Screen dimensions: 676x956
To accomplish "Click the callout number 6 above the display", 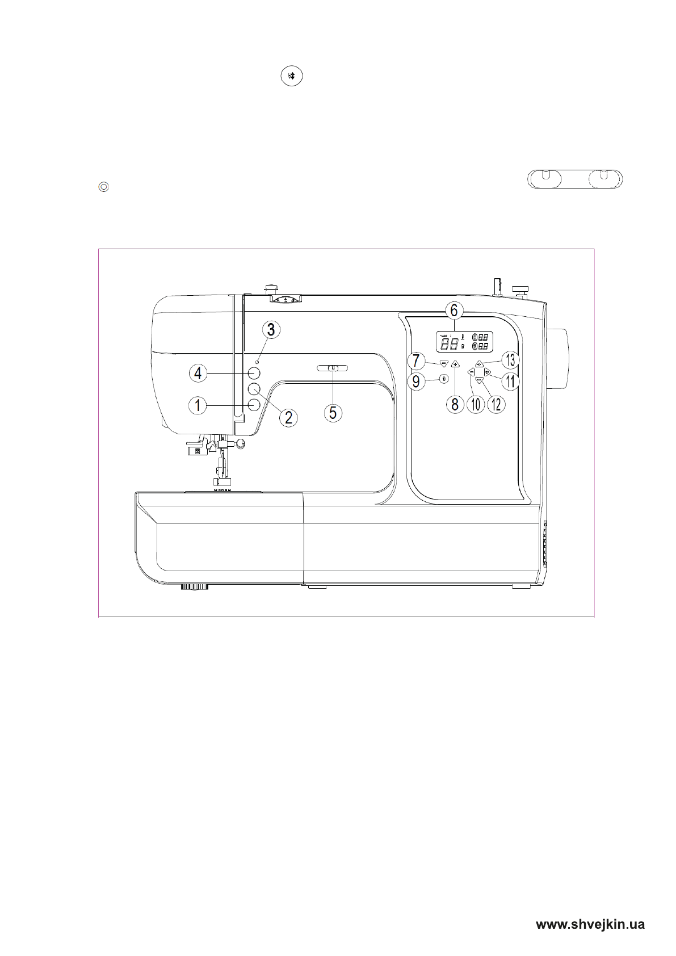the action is (x=454, y=311).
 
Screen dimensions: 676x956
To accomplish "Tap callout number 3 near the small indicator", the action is (x=271, y=329).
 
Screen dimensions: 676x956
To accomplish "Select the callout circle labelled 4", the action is (x=198, y=374).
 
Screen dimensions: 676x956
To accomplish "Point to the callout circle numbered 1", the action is (x=198, y=405).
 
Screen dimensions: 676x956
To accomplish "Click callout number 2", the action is (x=288, y=417).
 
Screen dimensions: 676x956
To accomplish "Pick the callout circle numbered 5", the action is (x=333, y=413).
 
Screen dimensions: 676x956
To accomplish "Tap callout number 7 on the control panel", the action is (x=416, y=361).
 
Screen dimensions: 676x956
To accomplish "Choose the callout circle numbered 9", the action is (x=416, y=381).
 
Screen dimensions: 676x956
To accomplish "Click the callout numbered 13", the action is (x=510, y=360).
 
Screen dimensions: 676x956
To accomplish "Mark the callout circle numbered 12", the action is (x=496, y=405).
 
